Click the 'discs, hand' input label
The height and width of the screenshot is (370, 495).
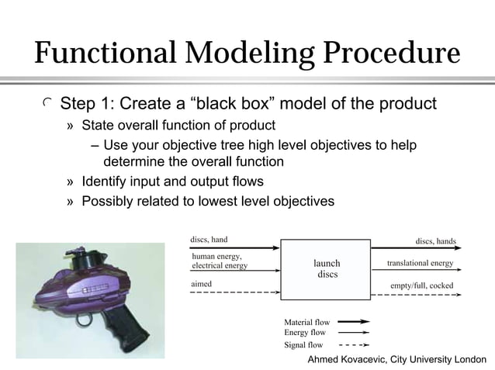tap(209, 239)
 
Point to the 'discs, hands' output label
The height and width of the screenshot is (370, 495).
tap(435, 240)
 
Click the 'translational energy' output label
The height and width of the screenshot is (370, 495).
tap(420, 263)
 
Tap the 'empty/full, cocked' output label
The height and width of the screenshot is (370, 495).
tap(421, 285)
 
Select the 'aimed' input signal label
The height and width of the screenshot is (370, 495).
tap(202, 285)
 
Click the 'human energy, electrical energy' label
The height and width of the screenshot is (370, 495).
tap(220, 261)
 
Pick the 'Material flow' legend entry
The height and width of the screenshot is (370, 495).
tap(307, 321)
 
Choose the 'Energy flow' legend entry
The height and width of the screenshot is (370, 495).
tap(305, 332)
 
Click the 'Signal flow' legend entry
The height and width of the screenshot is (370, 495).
tap(304, 344)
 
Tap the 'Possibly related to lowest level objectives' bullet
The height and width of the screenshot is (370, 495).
tap(208, 201)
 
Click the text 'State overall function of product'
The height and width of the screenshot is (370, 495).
tap(178, 126)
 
